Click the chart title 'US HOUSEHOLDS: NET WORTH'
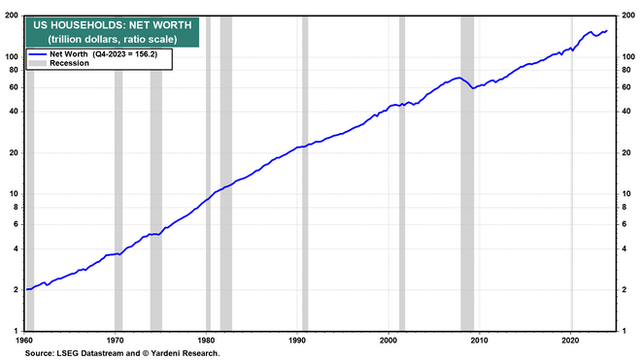pos(112,25)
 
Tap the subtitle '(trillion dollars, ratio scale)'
pos(112,39)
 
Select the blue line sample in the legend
pos(37,54)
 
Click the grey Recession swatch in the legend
pos(37,63)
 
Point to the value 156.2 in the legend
pos(146,54)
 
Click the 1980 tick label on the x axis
pos(206,340)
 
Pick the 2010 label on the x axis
pos(479,340)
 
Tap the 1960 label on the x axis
pos(24,340)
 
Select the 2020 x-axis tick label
pos(570,340)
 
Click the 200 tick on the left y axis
pos(12,16)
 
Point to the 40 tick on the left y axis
pos(14,111)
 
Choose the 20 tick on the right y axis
pos(626,153)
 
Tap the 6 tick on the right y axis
pos(624,224)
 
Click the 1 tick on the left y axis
pos(16,331)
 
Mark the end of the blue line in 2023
pos(607,31)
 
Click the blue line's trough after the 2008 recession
pos(473,88)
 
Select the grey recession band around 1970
pos(118,200)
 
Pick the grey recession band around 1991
pos(305,173)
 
